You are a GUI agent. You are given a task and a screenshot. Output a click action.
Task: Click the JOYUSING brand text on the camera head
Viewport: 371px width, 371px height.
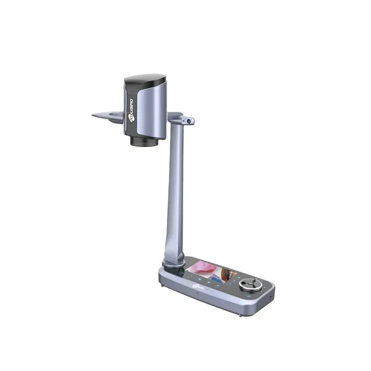tap(130, 108)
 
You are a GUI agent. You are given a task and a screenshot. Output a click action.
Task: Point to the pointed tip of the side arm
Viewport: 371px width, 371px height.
tap(93, 115)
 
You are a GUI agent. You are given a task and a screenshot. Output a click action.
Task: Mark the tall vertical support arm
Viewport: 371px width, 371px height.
tap(175, 185)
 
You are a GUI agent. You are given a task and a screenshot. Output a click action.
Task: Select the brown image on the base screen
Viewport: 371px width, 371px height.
tap(229, 273)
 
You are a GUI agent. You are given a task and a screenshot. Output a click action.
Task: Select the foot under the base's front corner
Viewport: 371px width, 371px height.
tap(240, 316)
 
